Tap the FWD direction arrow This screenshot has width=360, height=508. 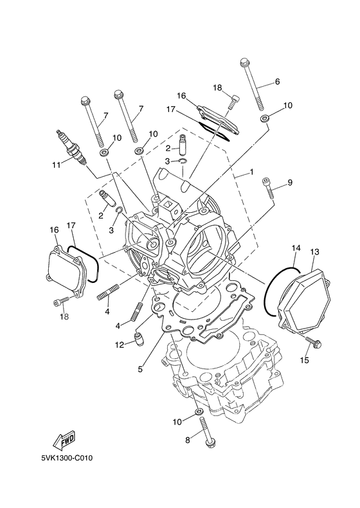58,441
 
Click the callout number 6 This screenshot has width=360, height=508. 277,82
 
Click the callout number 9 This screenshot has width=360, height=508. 289,183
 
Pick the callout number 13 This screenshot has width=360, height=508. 315,251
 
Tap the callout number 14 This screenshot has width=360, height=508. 295,248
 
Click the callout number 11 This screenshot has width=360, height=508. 55,165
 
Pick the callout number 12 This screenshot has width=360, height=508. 120,345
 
